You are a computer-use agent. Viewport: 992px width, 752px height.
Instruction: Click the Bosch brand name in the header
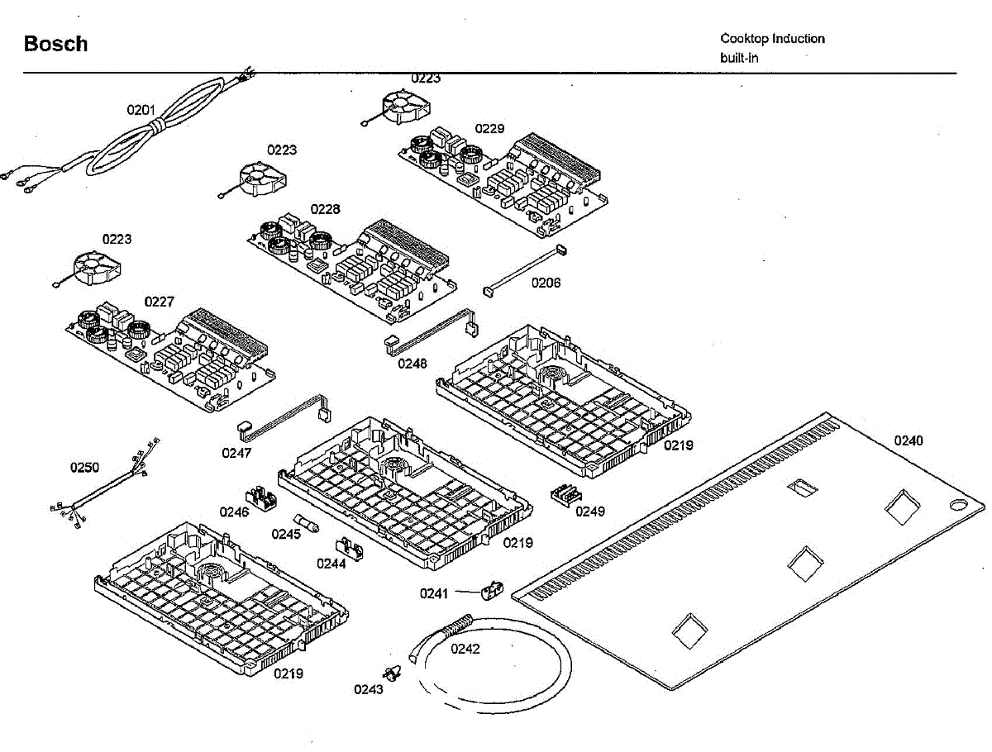tap(55, 44)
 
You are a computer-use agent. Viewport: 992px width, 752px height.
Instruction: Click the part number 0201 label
tap(141, 110)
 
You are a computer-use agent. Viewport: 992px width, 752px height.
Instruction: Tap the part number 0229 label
tap(489, 129)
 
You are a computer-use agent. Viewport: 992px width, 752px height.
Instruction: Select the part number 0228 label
tap(325, 209)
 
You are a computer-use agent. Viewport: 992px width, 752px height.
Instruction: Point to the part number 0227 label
tap(159, 302)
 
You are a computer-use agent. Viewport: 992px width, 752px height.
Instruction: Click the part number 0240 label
tap(909, 440)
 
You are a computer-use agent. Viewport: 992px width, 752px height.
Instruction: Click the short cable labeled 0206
tap(525, 270)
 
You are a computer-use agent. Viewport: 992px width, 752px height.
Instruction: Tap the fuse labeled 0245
tap(307, 523)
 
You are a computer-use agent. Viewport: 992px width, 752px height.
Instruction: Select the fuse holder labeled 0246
tap(260, 498)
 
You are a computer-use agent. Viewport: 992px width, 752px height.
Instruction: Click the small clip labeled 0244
tap(351, 549)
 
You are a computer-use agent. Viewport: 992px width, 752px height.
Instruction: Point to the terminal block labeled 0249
tap(566, 496)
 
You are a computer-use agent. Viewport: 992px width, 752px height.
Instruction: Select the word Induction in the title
tap(798, 39)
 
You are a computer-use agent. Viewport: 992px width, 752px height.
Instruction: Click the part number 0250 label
tap(84, 467)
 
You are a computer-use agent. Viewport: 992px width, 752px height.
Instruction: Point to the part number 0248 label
tap(413, 364)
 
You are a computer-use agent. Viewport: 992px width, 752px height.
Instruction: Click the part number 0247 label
tap(236, 453)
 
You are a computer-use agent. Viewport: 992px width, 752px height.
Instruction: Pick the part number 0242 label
tap(465, 649)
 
